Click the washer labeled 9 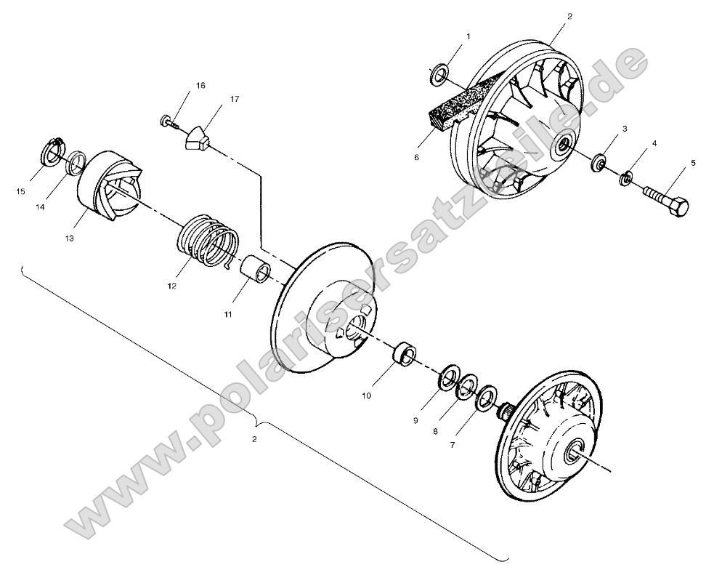449,378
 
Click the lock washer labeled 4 625,177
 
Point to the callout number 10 366,396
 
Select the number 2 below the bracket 253,439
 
